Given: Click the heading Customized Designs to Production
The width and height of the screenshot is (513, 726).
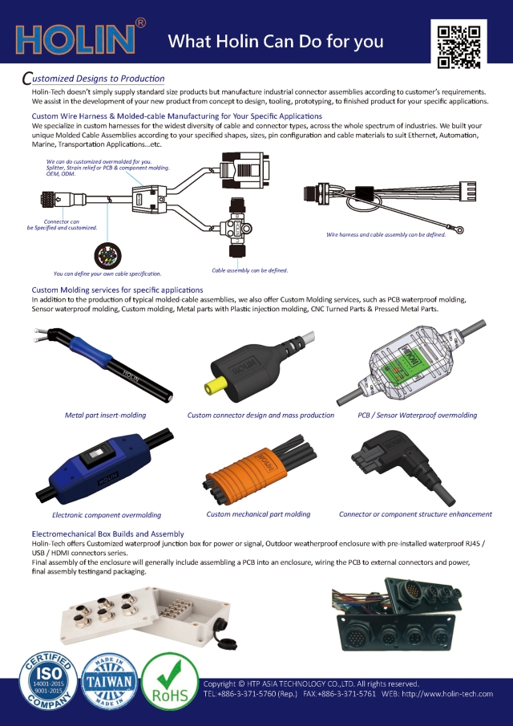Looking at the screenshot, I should coord(94,79).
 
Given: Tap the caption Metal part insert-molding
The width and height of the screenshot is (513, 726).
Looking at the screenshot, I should coord(105,416).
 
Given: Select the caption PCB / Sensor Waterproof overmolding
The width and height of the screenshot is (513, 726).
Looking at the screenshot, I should coord(417,416).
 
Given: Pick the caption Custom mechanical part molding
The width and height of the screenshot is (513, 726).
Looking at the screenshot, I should coord(258,514).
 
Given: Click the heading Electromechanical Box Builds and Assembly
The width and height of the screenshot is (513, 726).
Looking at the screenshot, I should coord(107,533).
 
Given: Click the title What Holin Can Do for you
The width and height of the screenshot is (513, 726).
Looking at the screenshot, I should coord(275,42).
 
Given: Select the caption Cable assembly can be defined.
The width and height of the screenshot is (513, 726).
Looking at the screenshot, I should coord(250,270).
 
